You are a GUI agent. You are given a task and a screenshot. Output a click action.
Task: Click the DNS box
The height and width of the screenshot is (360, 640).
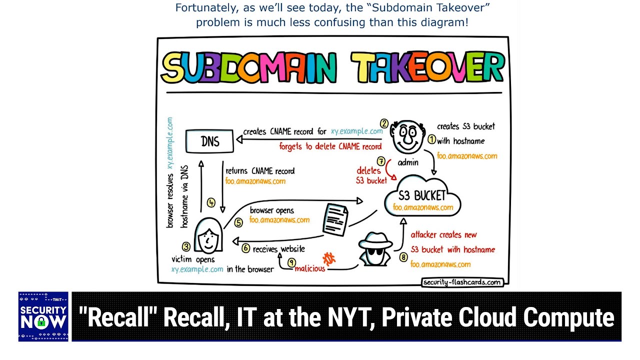[209, 141]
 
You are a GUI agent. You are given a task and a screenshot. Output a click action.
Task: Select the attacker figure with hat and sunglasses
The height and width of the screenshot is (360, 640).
[375, 249]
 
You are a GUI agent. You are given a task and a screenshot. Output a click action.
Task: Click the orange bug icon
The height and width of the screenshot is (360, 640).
[329, 259]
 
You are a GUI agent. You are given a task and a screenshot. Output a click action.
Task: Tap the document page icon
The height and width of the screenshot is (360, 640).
[335, 219]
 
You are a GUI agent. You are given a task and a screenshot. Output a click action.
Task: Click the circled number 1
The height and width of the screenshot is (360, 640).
[431, 139]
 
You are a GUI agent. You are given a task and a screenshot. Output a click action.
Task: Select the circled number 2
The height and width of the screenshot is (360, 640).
[384, 123]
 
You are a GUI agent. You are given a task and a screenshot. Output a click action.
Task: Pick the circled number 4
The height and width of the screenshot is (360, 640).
[211, 203]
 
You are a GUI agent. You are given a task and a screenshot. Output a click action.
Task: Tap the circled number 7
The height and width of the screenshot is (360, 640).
[381, 161]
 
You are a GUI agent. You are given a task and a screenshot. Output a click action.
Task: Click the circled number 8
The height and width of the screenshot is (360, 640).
[403, 257]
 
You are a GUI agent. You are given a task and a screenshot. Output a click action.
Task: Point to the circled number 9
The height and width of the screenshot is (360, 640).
[291, 262]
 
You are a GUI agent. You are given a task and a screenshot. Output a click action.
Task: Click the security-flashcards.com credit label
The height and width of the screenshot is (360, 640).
[462, 282]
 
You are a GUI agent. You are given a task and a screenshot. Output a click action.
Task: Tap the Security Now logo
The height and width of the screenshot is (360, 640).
[43, 316]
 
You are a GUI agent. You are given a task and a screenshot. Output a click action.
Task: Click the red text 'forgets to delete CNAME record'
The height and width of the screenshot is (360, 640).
[330, 146]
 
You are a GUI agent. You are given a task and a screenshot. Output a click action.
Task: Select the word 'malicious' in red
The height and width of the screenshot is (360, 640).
[310, 268]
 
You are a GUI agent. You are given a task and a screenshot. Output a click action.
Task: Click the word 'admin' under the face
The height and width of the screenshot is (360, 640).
[408, 162]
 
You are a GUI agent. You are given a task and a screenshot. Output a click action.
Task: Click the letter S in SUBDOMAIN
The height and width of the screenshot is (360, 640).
[173, 67]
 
